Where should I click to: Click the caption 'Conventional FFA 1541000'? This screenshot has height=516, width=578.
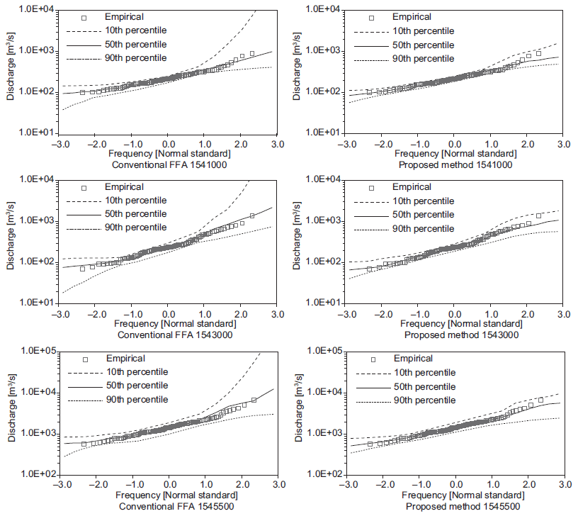pyautogui.click(x=168, y=164)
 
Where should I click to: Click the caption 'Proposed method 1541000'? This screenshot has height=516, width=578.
pyautogui.click(x=454, y=164)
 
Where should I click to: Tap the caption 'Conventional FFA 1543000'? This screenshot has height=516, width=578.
pyautogui.click(x=168, y=335)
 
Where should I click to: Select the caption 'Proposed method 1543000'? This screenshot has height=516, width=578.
pyautogui.click(x=454, y=335)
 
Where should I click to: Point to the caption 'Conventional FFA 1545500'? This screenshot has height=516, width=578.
pyautogui.click(x=168, y=507)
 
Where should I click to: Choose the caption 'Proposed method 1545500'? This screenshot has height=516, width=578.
pyautogui.click(x=454, y=507)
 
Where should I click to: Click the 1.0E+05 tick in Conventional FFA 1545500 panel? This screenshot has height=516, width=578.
pyautogui.click(x=40, y=351)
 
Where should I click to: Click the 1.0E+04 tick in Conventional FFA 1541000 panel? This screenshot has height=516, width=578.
pyautogui.click(x=40, y=9)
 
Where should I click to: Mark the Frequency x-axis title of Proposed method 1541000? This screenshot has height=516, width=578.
pyautogui.click(x=454, y=154)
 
